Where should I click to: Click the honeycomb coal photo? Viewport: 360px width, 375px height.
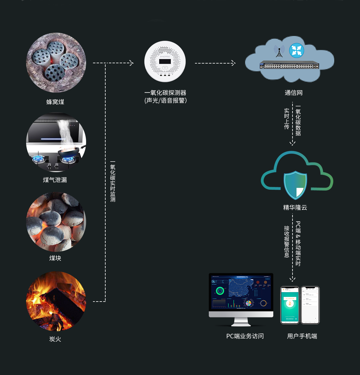tap(56, 62)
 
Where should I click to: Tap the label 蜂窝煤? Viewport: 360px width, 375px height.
tap(55, 102)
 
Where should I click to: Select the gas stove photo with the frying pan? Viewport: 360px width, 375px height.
tap(56, 142)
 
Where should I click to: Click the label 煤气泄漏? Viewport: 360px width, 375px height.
tap(55, 180)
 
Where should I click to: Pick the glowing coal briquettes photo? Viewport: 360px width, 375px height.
tap(56, 222)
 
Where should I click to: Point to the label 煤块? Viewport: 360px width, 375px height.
tap(55, 258)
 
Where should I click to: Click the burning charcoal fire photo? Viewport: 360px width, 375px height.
tap(56, 301)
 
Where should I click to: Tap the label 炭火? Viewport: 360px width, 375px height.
tap(55, 339)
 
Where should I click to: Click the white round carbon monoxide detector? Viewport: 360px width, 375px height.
tap(165, 61)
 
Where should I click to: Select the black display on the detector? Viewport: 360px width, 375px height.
tap(165, 61)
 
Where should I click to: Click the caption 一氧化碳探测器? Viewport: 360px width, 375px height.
tap(165, 93)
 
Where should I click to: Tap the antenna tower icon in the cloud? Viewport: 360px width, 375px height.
tap(279, 51)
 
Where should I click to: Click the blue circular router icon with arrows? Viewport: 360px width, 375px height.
tap(297, 50)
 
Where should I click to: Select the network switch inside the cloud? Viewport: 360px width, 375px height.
tap(289, 65)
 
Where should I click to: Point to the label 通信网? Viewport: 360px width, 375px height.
tap(294, 93)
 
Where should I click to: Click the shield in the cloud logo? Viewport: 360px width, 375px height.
tap(295, 185)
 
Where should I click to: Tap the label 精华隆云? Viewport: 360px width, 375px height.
tap(295, 207)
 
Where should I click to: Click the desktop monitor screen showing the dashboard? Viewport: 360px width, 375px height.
tap(241, 292)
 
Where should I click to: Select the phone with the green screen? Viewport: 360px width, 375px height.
tap(290, 305)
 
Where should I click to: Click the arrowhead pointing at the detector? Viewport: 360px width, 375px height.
tap(131, 63)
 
